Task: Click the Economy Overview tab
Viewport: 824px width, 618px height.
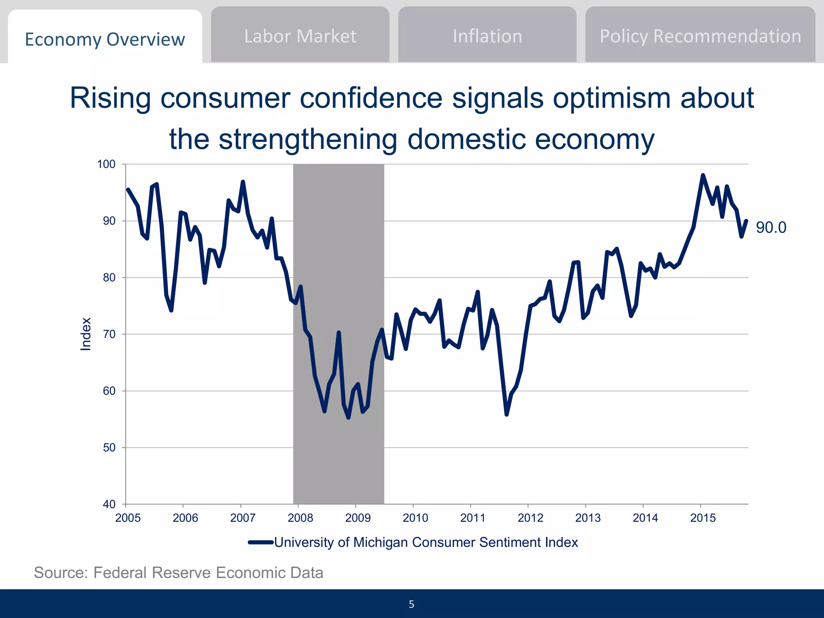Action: [105, 39]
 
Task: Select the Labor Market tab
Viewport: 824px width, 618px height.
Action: [300, 36]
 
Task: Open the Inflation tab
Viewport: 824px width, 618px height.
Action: [487, 36]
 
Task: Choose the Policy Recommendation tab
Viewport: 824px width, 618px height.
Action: [700, 36]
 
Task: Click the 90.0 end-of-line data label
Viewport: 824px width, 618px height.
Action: [770, 228]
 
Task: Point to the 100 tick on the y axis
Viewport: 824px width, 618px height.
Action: [106, 164]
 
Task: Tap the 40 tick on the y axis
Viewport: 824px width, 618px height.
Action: [109, 504]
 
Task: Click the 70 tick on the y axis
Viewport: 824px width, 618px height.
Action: [109, 334]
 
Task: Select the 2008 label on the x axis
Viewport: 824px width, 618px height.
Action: [300, 518]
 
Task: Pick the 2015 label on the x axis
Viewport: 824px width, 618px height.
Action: [702, 518]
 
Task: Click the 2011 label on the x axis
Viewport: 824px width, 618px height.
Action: [473, 518]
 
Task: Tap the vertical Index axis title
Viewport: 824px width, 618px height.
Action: [86, 334]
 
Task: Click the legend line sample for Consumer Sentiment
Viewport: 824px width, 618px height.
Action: [261, 542]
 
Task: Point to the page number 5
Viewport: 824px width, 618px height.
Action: [411, 604]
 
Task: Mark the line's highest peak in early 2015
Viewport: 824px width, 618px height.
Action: [703, 175]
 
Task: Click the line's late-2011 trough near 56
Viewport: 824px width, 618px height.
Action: [507, 414]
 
